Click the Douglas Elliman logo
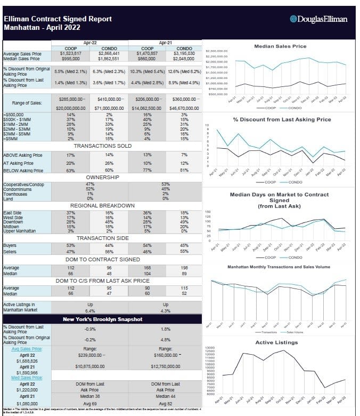point(318,19)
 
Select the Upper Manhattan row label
point(21,231)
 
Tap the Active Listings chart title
point(276,342)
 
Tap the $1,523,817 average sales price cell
point(71,54)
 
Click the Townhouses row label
point(17,193)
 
